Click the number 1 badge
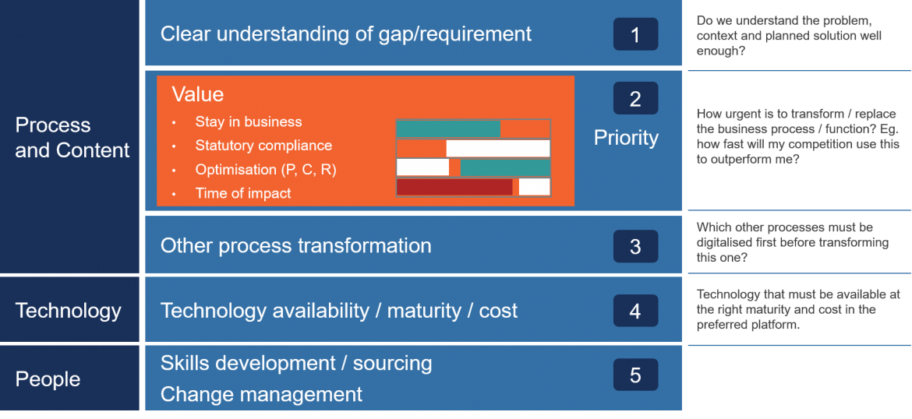click(635, 34)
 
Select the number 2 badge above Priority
click(635, 99)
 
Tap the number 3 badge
click(635, 247)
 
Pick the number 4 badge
click(635, 312)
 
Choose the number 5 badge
click(635, 375)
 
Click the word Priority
click(626, 138)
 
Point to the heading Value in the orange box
click(197, 94)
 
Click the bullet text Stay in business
click(248, 122)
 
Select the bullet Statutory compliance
click(263, 146)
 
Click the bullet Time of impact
click(243, 194)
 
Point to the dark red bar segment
click(454, 187)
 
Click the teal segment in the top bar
click(448, 129)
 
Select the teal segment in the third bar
click(505, 167)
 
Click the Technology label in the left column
click(69, 311)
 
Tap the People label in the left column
click(48, 379)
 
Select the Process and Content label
click(72, 138)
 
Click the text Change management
click(261, 395)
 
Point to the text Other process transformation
click(295, 246)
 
